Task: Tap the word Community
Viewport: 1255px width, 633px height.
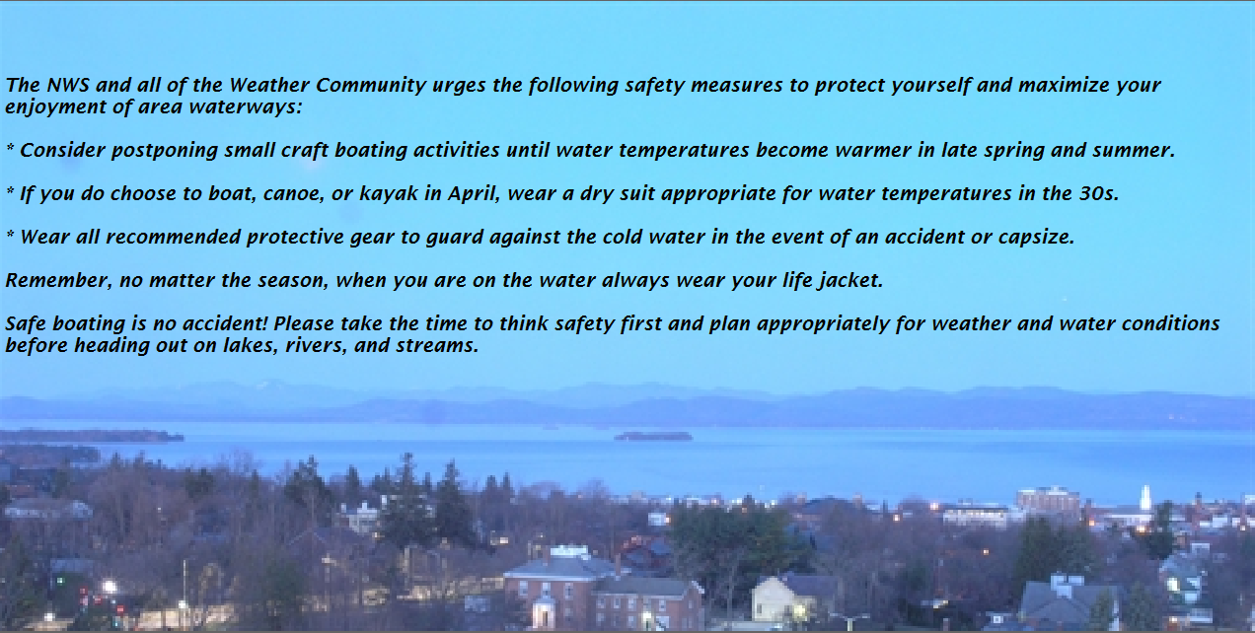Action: point(370,86)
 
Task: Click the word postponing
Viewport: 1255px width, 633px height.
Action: point(164,151)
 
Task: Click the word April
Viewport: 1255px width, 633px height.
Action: point(473,194)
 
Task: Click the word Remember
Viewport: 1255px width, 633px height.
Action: point(58,280)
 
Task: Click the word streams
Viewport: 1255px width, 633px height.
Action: point(436,346)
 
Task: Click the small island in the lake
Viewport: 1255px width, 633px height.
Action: point(653,436)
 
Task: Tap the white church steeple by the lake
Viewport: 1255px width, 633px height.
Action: point(1145,497)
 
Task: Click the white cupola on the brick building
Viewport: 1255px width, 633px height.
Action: point(568,552)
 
